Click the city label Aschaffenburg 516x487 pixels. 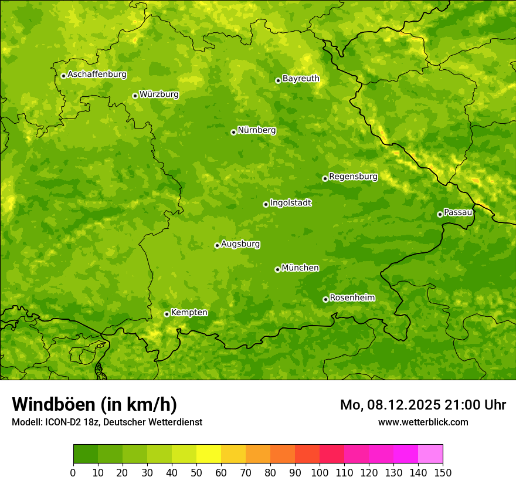point(97,75)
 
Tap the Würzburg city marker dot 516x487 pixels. point(135,96)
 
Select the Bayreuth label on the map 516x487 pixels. point(301,79)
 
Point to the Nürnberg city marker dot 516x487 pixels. point(233,132)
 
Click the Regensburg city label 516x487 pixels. point(353,177)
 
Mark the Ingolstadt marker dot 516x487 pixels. point(266,204)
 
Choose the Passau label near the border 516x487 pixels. point(458,212)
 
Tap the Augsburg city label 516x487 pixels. point(240,244)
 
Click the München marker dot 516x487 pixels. point(277,269)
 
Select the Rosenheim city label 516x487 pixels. point(352,298)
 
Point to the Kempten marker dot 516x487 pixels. point(167,314)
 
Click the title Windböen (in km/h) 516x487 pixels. point(94,404)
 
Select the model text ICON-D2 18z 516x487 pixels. point(69,422)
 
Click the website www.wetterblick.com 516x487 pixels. point(423,422)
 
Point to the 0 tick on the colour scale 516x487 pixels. point(73,472)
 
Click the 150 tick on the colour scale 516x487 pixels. point(443,472)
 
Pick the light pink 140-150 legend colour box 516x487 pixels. point(430,454)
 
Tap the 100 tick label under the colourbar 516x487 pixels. point(320,472)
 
